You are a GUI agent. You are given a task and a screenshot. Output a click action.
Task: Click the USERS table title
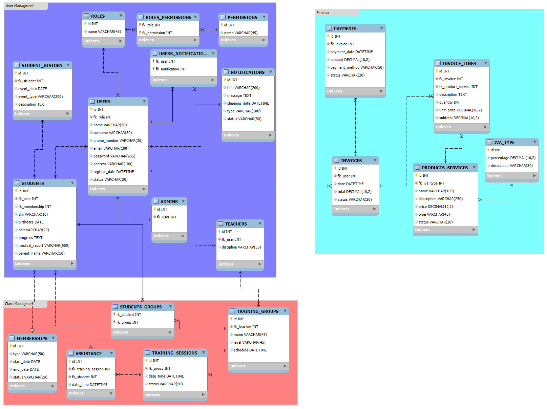point(104,102)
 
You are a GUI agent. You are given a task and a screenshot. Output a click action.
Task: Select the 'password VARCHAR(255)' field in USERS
point(114,156)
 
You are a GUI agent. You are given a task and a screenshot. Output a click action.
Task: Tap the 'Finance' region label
point(323,13)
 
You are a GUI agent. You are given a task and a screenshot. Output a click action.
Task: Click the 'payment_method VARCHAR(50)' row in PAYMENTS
point(357,67)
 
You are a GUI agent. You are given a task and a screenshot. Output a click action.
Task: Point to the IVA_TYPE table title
point(504,142)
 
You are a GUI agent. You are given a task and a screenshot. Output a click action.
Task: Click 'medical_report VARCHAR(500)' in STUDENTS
point(44,245)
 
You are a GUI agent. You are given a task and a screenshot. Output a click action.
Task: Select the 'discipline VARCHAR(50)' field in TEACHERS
point(241,247)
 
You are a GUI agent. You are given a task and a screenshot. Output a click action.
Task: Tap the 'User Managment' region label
point(20,6)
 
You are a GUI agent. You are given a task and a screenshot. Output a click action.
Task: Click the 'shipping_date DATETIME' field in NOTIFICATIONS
point(248,103)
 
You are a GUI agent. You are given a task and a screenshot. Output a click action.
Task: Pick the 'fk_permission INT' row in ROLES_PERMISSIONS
point(157,33)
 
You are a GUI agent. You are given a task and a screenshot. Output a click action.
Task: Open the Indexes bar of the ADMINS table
point(169,236)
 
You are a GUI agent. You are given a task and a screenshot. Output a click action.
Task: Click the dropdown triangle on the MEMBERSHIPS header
point(53,338)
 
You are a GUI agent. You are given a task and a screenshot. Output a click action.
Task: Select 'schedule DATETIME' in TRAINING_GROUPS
point(250,350)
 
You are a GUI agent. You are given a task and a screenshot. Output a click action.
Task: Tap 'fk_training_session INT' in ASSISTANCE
point(91,369)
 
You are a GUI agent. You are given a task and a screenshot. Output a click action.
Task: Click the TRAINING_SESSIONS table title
point(174,353)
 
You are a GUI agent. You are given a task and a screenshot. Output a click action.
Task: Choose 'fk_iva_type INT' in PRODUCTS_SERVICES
point(432,183)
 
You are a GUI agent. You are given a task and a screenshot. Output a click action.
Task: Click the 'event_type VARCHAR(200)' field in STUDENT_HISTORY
point(40,96)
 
